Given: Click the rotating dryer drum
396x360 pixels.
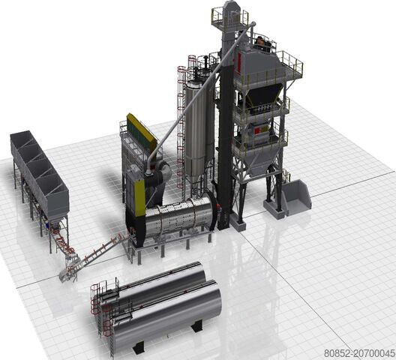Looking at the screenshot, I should point(180,218).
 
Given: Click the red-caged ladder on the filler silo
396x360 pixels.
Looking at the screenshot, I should point(181,112).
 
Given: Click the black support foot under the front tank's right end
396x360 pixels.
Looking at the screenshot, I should point(197,326).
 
